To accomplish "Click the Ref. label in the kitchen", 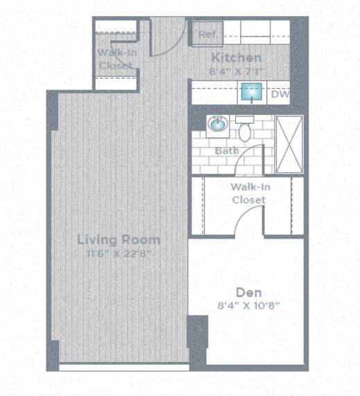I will pyautogui.click(x=207, y=35).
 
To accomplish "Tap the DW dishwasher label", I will pyautogui.click(x=280, y=94).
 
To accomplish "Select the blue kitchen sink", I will pyautogui.click(x=250, y=92).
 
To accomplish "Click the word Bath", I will pyautogui.click(x=226, y=150).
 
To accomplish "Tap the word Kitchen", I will pyautogui.click(x=237, y=58).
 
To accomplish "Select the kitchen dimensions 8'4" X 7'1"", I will pyautogui.click(x=237, y=70).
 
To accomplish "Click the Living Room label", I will pyautogui.click(x=119, y=240).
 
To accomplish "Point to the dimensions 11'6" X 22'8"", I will pyautogui.click(x=119, y=254).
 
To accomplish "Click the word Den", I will pyautogui.click(x=248, y=292).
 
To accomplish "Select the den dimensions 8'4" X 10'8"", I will pyautogui.click(x=248, y=305).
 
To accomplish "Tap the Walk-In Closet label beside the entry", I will pyautogui.click(x=115, y=59).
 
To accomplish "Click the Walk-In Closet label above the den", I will pyautogui.click(x=248, y=193).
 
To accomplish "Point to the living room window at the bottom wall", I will pyautogui.click(x=123, y=367).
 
